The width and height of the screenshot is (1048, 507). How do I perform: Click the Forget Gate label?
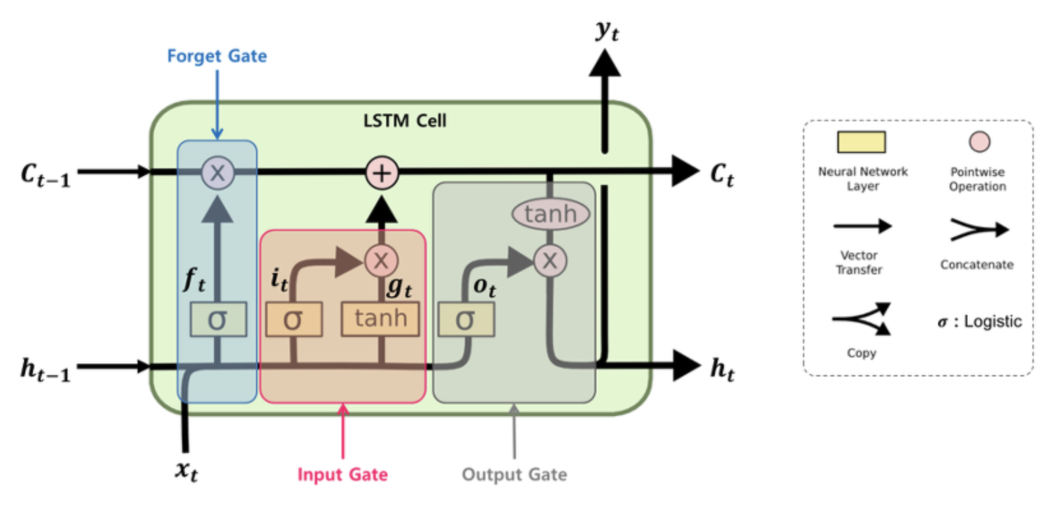click(x=217, y=55)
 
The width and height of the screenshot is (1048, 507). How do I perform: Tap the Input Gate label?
click(x=342, y=474)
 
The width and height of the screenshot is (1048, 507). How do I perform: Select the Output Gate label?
click(x=514, y=474)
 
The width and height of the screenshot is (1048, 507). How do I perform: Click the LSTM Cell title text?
click(x=405, y=121)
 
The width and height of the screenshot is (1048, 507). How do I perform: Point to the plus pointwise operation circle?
click(x=382, y=172)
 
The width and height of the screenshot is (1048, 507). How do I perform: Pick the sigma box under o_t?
click(x=465, y=319)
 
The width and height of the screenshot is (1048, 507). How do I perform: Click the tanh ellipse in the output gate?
click(x=550, y=215)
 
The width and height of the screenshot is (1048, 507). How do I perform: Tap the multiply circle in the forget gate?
click(x=218, y=172)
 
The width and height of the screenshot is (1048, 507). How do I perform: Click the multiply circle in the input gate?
click(x=381, y=259)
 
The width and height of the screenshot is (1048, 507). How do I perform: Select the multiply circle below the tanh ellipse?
click(x=550, y=259)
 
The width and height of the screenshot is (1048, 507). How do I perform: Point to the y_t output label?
click(x=606, y=31)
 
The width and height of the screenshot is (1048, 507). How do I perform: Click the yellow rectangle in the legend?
click(x=861, y=142)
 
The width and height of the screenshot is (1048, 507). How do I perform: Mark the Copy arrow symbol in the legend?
click(x=861, y=320)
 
